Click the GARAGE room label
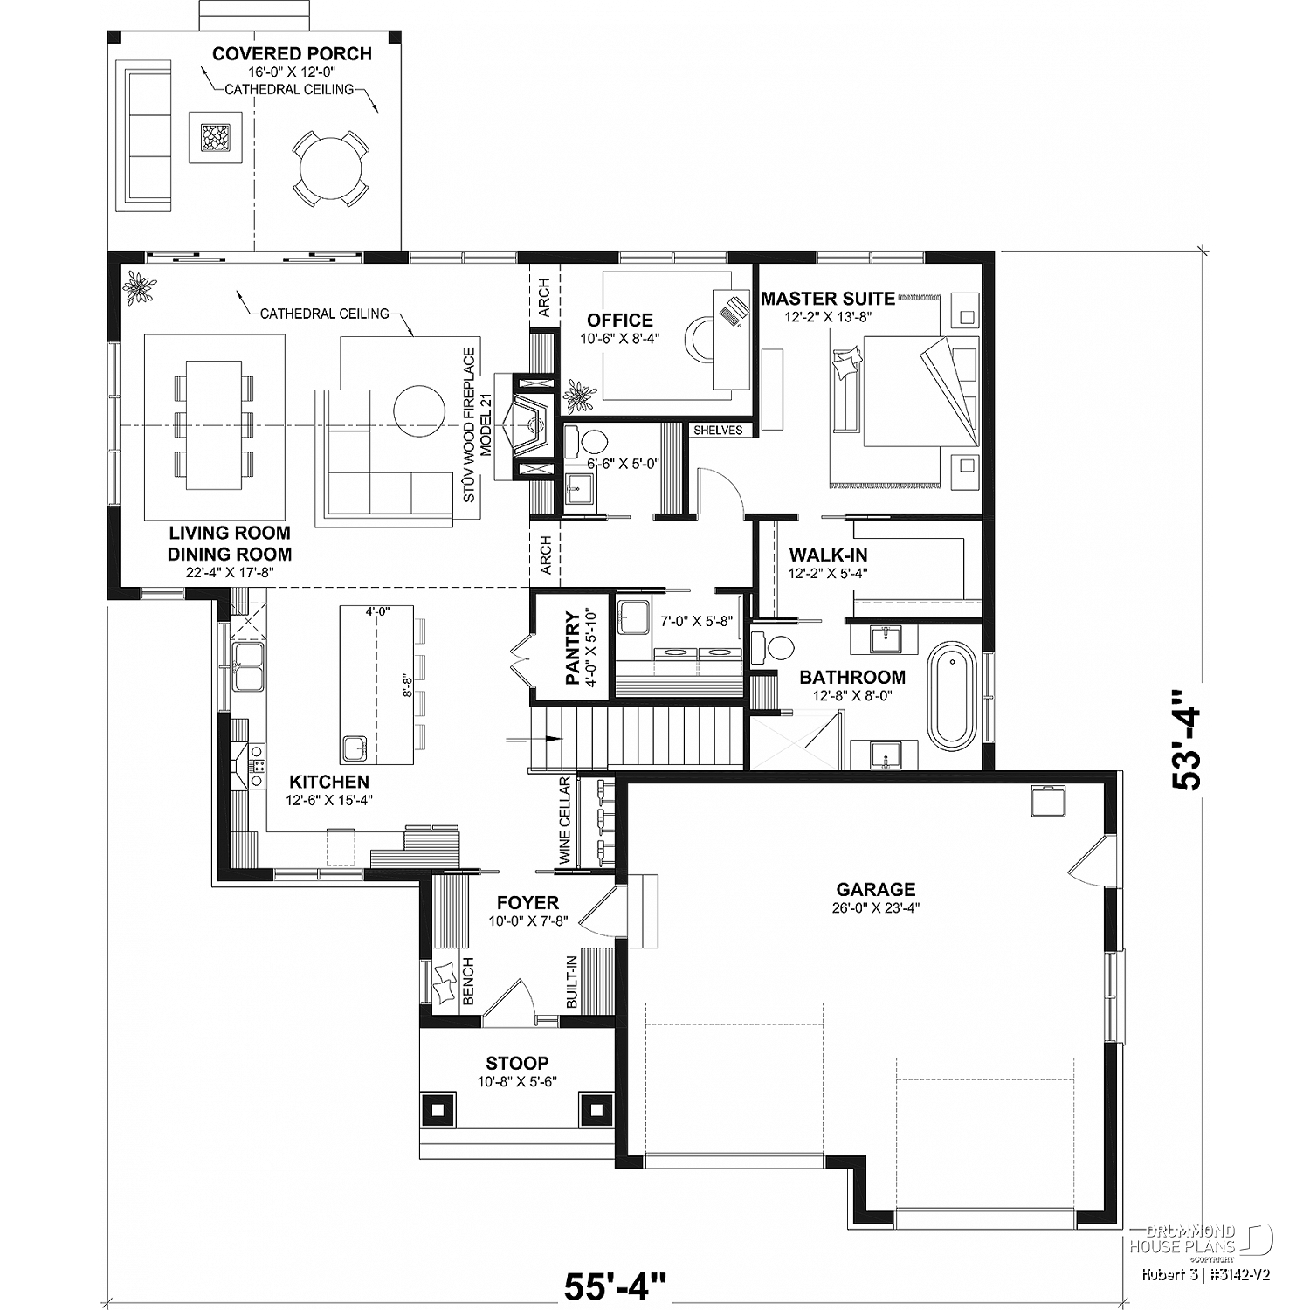(875, 889)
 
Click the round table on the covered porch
(329, 168)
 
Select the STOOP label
(517, 1063)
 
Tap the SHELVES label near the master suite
(718, 430)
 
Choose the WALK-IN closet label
(828, 555)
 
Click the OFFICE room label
(620, 320)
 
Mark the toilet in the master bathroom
(774, 647)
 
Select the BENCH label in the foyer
(468, 981)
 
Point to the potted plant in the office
(579, 397)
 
